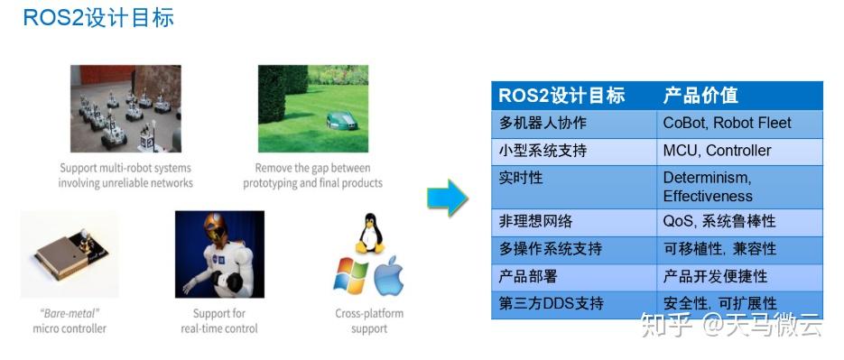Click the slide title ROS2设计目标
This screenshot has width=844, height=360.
[x=98, y=17]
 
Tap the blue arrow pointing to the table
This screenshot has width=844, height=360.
[x=447, y=197]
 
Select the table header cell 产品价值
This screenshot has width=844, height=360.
[x=700, y=96]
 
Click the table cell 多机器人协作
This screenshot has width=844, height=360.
[x=543, y=124]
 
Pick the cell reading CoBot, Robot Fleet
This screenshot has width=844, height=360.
[x=727, y=124]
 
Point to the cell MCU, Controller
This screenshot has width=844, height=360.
[x=717, y=151]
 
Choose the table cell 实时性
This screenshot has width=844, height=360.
[x=522, y=179]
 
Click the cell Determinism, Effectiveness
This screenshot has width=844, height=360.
[x=708, y=187]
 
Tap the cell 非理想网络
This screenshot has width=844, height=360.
[x=535, y=221]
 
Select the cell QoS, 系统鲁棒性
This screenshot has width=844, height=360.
[x=719, y=221]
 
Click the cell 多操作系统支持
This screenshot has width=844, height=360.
[x=550, y=248]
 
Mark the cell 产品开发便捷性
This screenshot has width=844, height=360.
[x=715, y=276]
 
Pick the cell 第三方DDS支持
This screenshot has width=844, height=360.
[x=552, y=303]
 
